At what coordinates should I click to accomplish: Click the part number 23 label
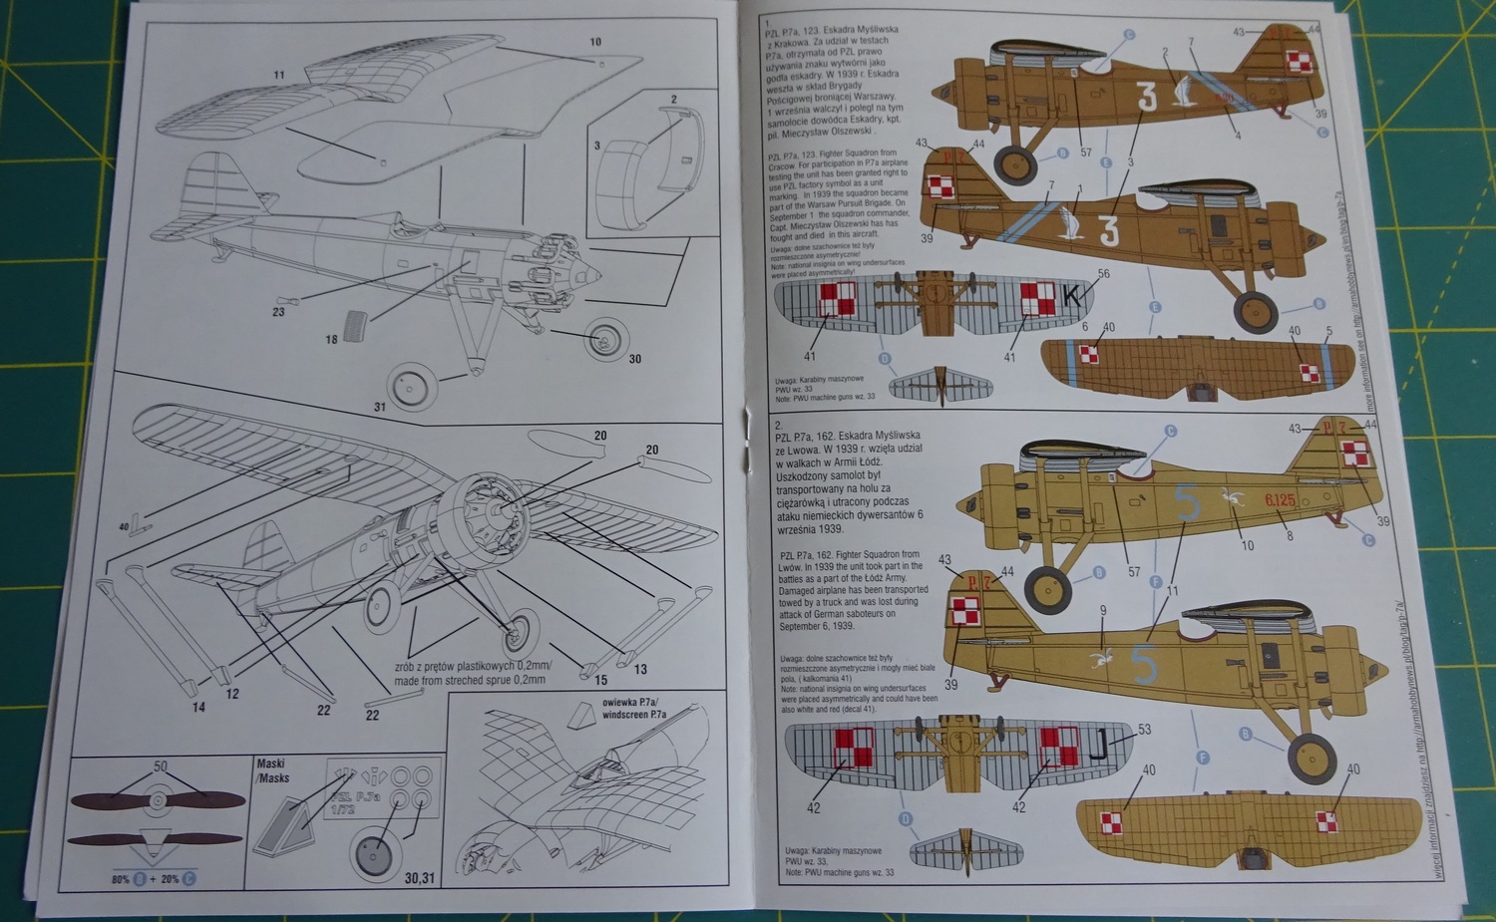pyautogui.click(x=278, y=312)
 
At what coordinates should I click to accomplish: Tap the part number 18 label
pyautogui.click(x=331, y=340)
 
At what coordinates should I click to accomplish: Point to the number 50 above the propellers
pyautogui.click(x=161, y=767)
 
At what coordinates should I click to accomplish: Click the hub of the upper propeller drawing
pyautogui.click(x=156, y=799)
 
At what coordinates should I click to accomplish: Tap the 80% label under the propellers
pyautogui.click(x=121, y=879)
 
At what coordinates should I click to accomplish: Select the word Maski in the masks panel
pyautogui.click(x=270, y=764)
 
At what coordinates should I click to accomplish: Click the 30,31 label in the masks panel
pyautogui.click(x=420, y=878)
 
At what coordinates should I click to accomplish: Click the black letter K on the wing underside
pyautogui.click(x=1072, y=296)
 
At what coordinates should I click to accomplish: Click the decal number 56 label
pyautogui.click(x=1103, y=273)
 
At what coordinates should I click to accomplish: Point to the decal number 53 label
pyautogui.click(x=1144, y=730)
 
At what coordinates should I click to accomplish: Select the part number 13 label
pyautogui.click(x=640, y=669)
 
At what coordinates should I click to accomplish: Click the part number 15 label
pyautogui.click(x=600, y=680)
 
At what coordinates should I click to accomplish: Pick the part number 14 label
pyautogui.click(x=198, y=707)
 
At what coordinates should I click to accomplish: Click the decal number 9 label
pyautogui.click(x=1102, y=611)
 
